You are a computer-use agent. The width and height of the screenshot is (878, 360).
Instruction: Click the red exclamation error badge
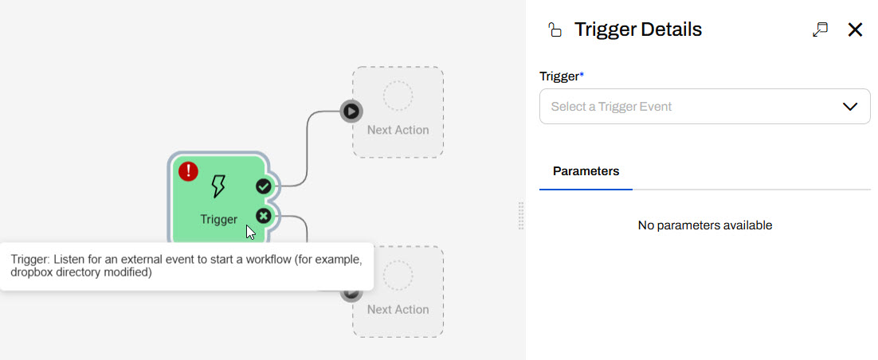188,170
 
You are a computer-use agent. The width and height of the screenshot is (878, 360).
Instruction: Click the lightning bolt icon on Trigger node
218,186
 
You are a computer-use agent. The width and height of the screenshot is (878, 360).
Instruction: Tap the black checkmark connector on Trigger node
264,186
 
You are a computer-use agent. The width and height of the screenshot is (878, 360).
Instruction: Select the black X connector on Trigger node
264,215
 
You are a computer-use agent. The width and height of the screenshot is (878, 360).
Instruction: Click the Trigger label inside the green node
218,220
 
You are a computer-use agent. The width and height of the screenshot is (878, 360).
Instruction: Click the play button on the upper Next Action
351,111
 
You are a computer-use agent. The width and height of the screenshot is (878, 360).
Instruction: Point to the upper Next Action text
398,130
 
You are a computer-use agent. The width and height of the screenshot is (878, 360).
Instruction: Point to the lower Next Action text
398,310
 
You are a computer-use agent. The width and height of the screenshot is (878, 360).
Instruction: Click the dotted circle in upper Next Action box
398,96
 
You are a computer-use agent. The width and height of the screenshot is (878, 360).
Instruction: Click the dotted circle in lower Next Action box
398,275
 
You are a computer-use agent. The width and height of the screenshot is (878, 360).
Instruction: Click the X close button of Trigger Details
855,29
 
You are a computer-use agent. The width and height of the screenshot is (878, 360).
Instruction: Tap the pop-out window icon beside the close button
821,29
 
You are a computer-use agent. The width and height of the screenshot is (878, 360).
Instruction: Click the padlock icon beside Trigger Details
555,29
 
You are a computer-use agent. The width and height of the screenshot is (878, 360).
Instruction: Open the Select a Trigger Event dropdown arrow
850,107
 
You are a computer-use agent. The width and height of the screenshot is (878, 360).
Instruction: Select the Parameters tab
586,171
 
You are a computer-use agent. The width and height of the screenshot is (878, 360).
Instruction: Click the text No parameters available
705,225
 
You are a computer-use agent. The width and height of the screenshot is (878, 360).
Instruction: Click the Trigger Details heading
638,29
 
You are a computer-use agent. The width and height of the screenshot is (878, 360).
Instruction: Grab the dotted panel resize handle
521,216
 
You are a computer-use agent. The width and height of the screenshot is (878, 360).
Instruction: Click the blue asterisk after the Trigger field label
582,74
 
